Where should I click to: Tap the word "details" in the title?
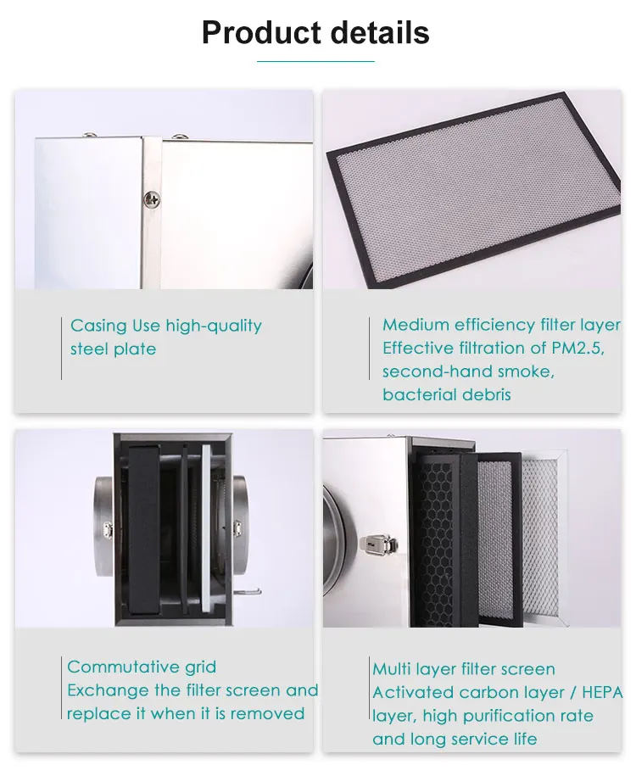click(375, 33)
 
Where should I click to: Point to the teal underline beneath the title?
click(315, 61)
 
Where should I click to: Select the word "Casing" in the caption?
click(98, 327)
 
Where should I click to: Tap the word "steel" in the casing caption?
click(90, 349)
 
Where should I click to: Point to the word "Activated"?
click(413, 693)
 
